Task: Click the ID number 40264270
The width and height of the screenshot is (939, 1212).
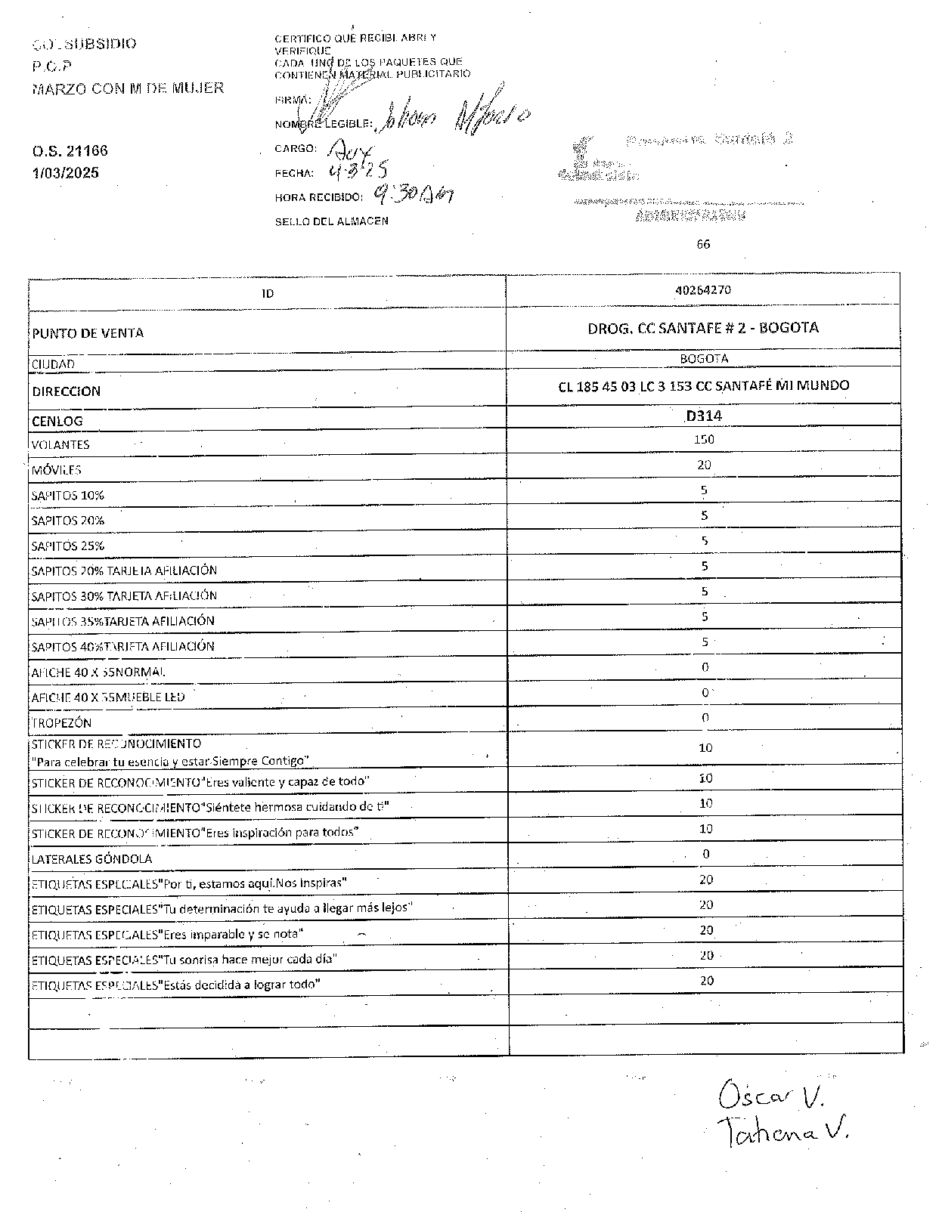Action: tap(703, 290)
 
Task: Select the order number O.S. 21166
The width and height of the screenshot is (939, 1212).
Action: tap(70, 151)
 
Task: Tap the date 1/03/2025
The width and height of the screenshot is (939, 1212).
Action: tap(65, 173)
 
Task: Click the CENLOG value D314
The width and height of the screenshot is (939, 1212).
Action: tap(703, 416)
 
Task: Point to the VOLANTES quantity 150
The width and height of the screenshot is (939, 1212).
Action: tap(704, 440)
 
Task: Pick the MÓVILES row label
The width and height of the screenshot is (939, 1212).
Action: tap(57, 470)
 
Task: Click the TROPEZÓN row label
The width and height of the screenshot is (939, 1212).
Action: tap(61, 722)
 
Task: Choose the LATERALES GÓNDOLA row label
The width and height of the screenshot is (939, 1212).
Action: tap(91, 859)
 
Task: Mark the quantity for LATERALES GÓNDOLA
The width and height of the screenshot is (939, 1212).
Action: tap(705, 855)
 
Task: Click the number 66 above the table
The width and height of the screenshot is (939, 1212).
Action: tap(703, 244)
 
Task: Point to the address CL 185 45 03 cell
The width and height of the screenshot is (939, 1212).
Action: tap(703, 386)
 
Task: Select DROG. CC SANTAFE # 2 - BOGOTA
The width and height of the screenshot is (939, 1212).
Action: tap(703, 328)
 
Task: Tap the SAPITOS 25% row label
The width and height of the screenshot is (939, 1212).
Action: tap(68, 546)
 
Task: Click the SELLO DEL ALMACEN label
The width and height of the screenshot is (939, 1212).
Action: tap(331, 221)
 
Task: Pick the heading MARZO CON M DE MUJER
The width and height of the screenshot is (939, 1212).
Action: tap(129, 88)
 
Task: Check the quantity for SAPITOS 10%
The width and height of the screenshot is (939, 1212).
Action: tap(705, 490)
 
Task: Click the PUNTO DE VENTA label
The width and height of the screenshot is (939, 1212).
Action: tap(88, 333)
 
